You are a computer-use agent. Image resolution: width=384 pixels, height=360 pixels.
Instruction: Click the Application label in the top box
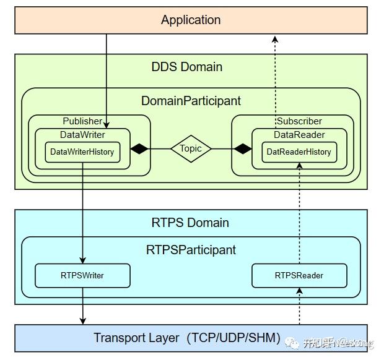191,20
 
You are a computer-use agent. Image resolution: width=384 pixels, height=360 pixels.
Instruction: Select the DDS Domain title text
186,67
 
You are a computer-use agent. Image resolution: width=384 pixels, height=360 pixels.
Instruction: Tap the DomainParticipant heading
191,100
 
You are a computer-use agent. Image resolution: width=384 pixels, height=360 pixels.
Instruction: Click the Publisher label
82,121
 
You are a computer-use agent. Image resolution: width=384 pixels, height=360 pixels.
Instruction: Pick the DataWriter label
82,134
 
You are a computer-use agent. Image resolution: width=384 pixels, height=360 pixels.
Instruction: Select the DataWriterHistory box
82,152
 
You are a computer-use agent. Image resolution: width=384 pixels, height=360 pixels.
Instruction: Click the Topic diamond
191,148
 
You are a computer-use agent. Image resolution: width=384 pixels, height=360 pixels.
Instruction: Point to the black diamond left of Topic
140,148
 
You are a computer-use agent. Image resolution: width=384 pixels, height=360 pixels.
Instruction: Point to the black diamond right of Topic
242,148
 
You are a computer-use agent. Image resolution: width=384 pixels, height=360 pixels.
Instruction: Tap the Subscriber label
299,121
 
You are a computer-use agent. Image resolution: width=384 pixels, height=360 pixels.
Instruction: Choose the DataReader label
299,134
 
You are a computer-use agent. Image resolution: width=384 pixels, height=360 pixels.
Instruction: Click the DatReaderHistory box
299,152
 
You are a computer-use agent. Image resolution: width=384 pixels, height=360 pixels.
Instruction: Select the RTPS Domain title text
190,223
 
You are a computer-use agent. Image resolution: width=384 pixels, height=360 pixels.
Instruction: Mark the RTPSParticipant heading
191,250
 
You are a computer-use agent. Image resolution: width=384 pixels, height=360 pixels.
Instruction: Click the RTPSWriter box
82,275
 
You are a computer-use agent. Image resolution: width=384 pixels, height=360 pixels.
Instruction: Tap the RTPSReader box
299,275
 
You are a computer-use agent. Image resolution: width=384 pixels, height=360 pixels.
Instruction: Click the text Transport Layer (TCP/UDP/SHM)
188,338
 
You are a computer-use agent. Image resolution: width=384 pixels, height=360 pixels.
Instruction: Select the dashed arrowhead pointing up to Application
276,38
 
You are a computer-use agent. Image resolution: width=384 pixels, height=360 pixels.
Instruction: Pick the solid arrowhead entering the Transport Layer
82,320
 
